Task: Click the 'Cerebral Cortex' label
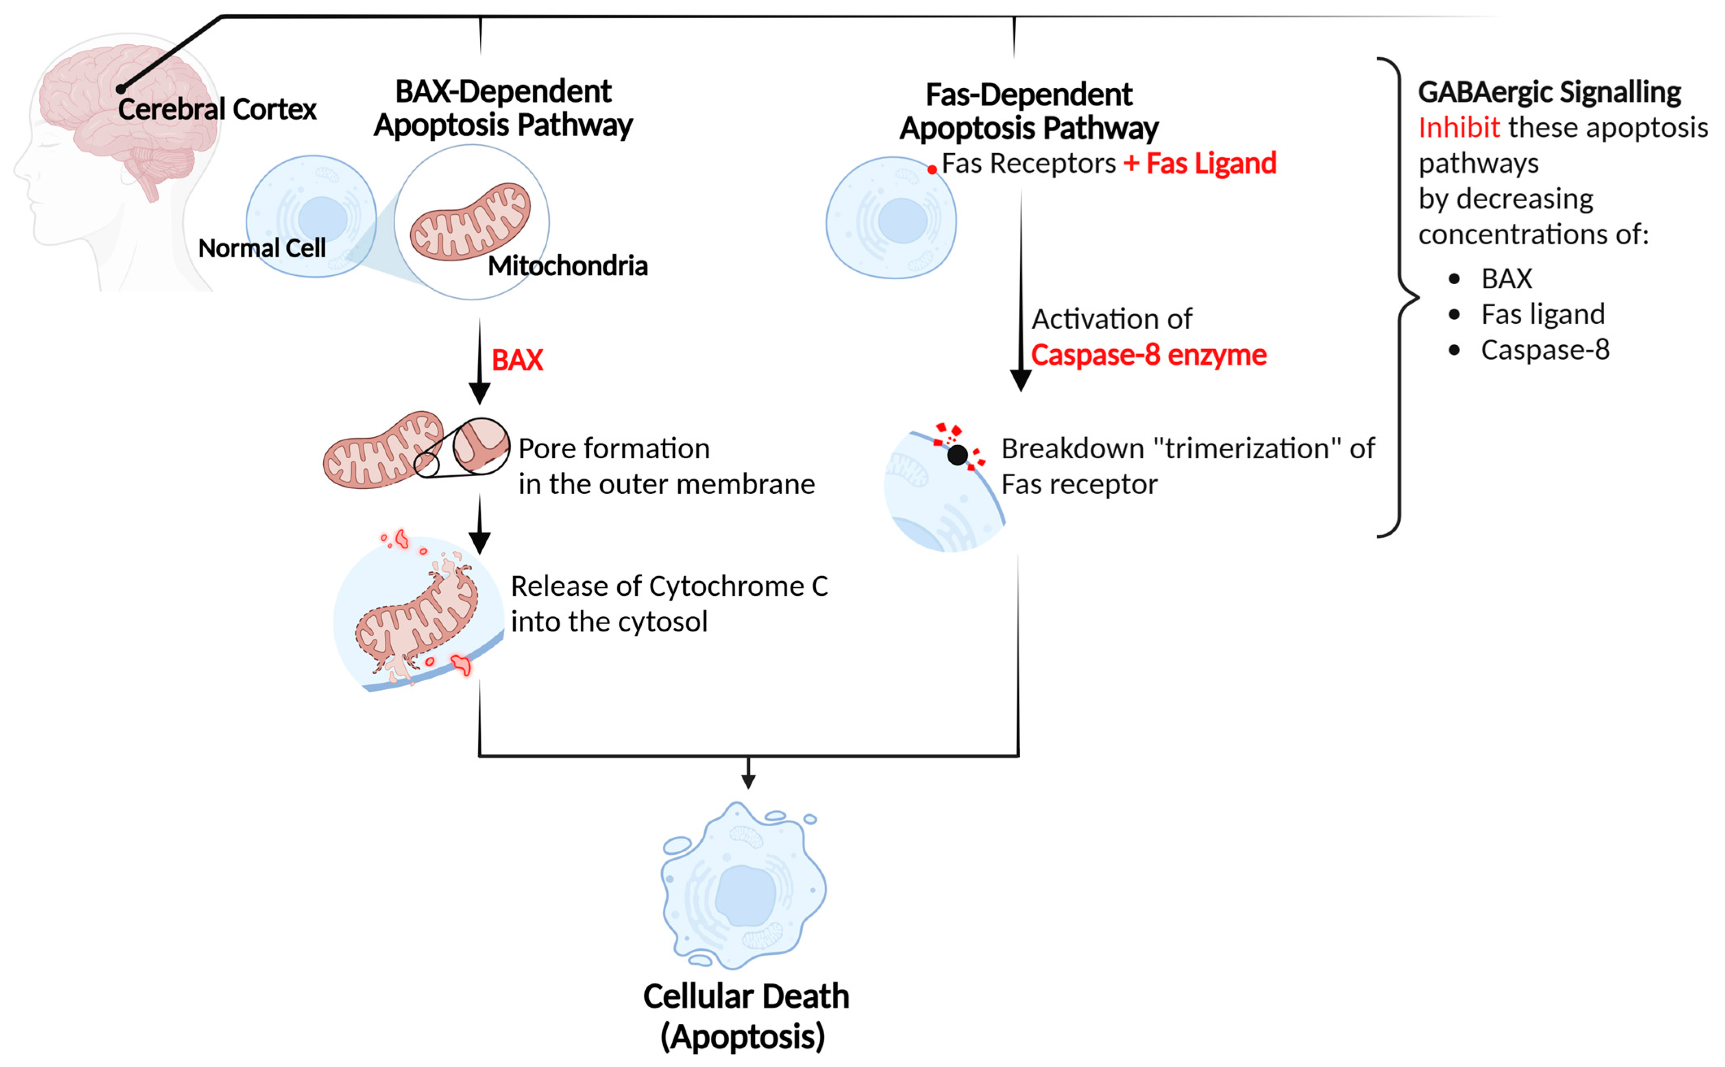(x=217, y=109)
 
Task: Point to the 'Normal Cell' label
(x=262, y=248)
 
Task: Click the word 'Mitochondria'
(x=567, y=266)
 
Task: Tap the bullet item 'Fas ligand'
(x=1542, y=314)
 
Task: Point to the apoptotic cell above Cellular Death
(x=744, y=886)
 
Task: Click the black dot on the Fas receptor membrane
(x=957, y=455)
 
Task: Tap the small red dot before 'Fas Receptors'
(x=932, y=170)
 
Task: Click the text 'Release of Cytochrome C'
(x=669, y=586)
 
